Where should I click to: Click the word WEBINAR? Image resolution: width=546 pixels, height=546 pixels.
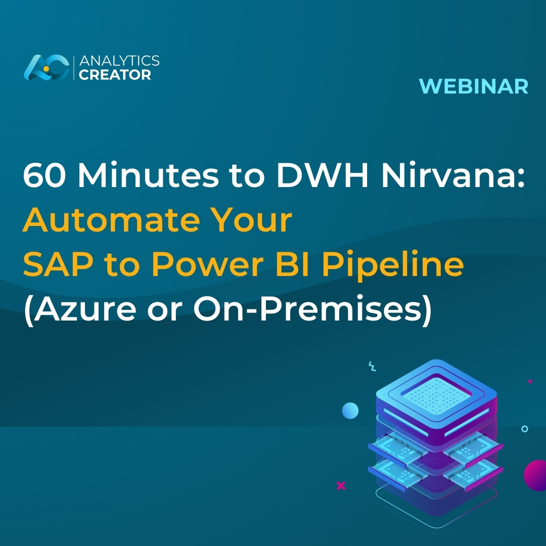[473, 86]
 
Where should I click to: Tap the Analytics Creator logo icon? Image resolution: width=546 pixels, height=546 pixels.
[46, 67]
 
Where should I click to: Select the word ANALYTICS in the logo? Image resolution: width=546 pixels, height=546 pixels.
[119, 61]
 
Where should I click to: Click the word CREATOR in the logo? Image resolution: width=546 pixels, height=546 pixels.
[115, 75]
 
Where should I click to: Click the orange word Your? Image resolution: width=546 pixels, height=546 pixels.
[252, 221]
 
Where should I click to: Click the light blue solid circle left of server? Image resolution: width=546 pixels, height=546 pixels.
[350, 411]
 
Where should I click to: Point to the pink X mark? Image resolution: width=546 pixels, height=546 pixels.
[341, 486]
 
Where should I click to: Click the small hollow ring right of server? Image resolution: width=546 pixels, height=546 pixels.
[524, 429]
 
